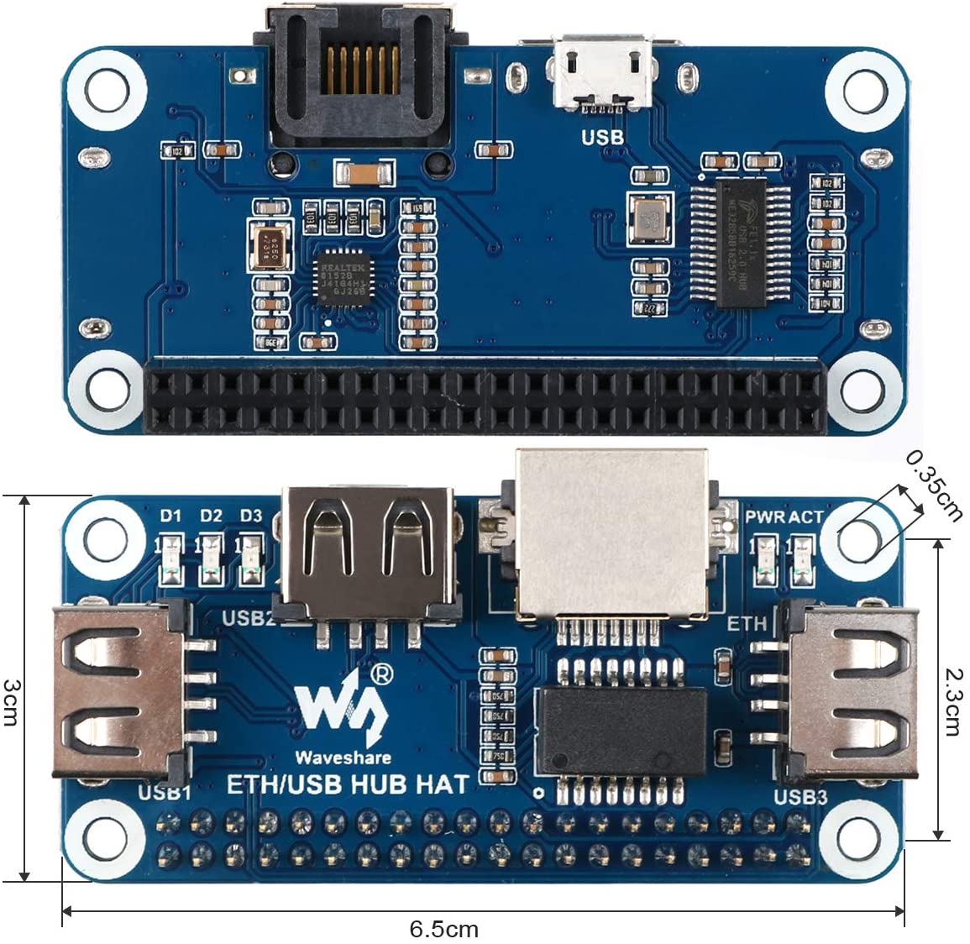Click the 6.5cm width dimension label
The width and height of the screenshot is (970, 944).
(443, 930)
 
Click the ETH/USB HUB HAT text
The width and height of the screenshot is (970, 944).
(348, 785)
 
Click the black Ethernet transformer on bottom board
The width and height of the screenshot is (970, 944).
(621, 729)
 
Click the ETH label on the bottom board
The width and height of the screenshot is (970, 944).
(747, 623)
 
